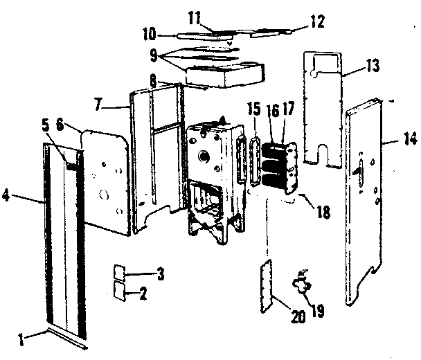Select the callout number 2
pyautogui.click(x=143, y=293)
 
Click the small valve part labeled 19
pyautogui.click(x=301, y=280)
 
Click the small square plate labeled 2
pyautogui.click(x=120, y=292)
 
